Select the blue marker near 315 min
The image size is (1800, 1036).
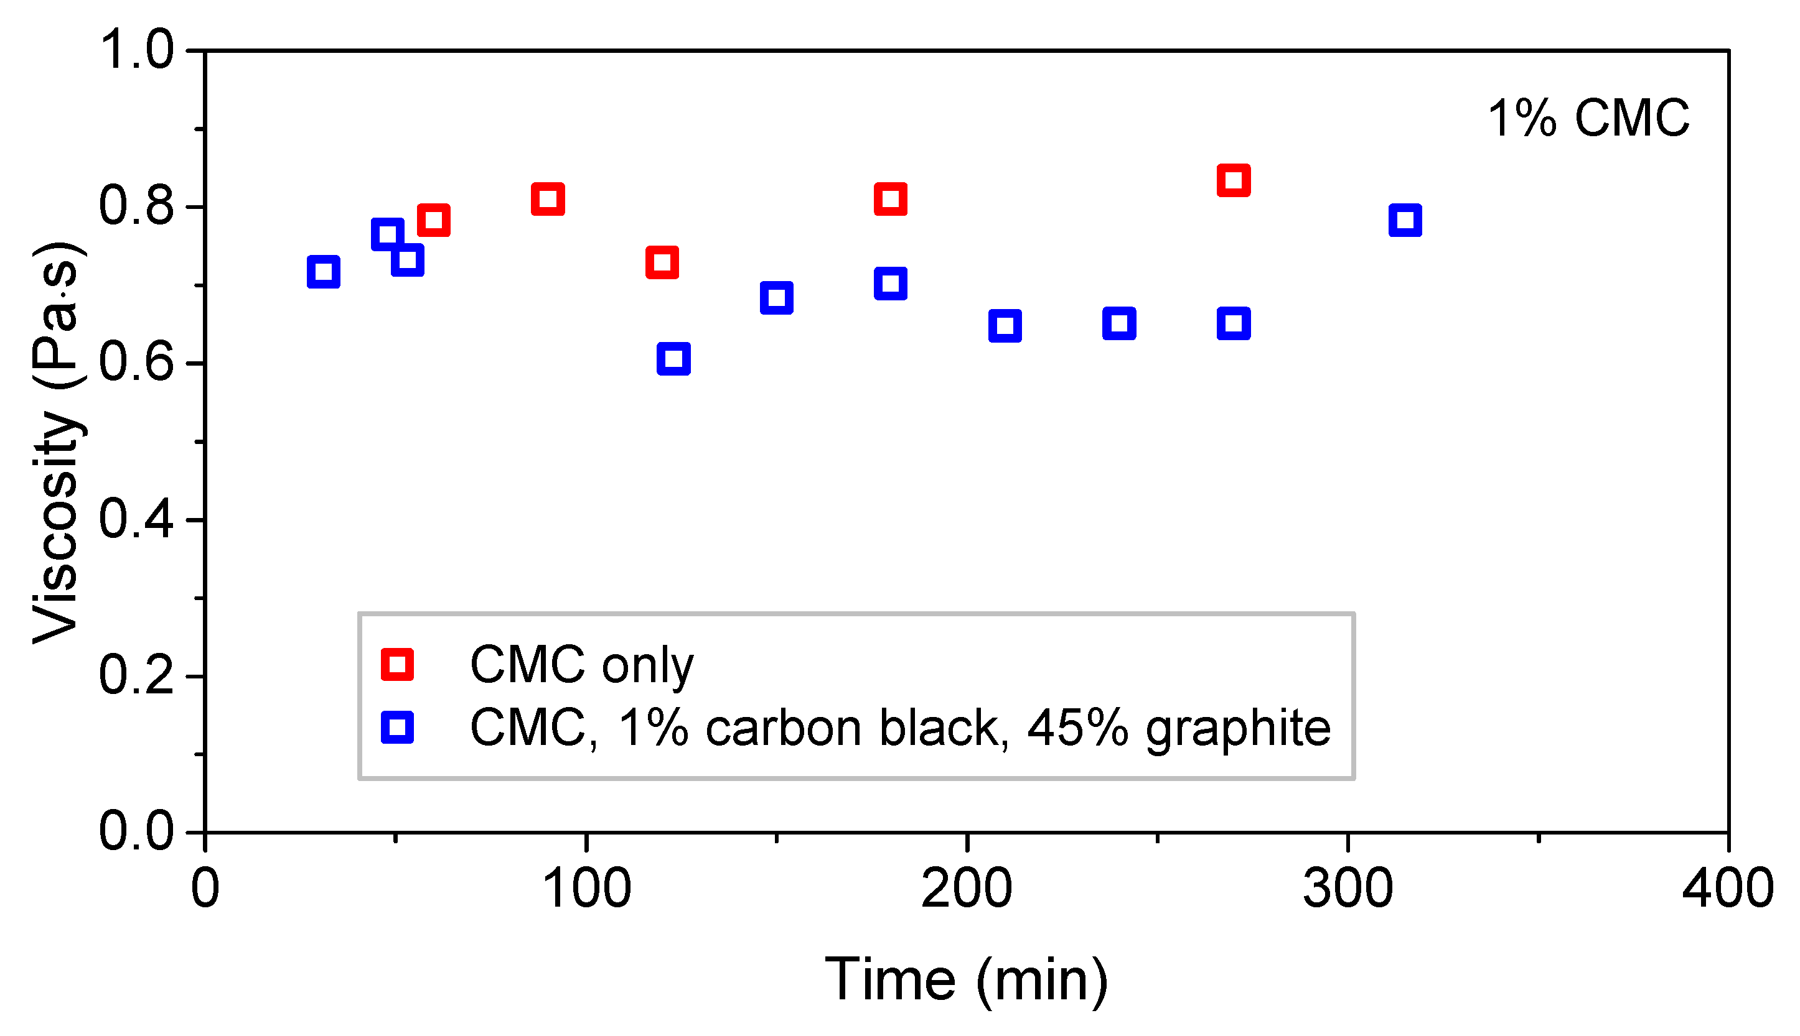pyautogui.click(x=1405, y=220)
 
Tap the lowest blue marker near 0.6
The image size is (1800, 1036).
pyautogui.click(x=673, y=359)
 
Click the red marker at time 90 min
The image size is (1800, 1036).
pyautogui.click(x=548, y=198)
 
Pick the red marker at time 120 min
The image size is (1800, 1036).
pyautogui.click(x=662, y=262)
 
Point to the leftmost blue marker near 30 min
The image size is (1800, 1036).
pyautogui.click(x=323, y=272)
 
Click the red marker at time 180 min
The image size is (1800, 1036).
pyautogui.click(x=890, y=198)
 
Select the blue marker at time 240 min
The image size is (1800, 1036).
pyautogui.click(x=1118, y=324)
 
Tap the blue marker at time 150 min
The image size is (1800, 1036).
pyautogui.click(x=776, y=297)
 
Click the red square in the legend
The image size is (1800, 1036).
pyautogui.click(x=397, y=665)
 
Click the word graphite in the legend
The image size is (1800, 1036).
pyautogui.click(x=1237, y=729)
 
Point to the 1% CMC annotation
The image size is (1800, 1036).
pyautogui.click(x=1588, y=118)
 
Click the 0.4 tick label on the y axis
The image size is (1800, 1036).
pyautogui.click(x=135, y=520)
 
